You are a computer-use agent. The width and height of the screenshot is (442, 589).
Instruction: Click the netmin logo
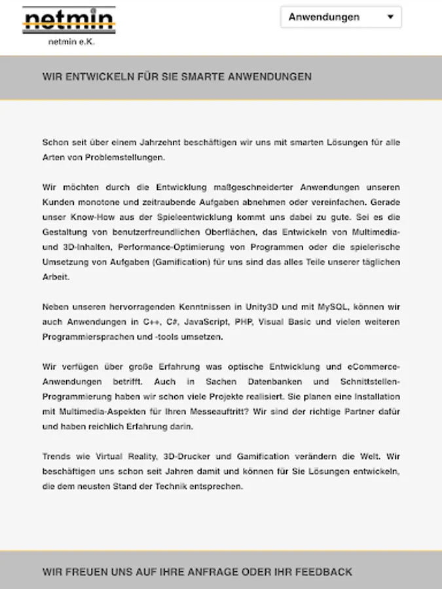tap(69, 20)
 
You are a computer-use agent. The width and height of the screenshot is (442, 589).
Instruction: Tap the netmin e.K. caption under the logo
tap(71, 42)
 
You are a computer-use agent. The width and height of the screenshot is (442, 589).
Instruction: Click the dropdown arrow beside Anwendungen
tap(391, 17)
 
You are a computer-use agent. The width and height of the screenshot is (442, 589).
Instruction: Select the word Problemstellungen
tap(115, 157)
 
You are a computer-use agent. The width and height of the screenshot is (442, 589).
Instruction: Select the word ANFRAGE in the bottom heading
tap(209, 571)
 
